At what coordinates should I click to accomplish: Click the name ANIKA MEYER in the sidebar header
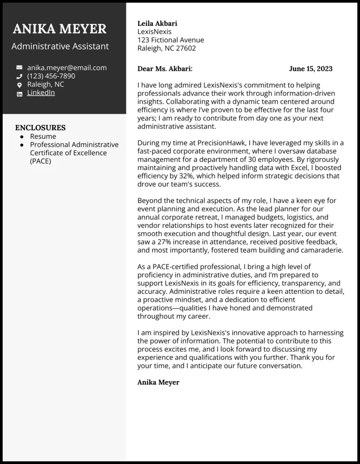(60, 29)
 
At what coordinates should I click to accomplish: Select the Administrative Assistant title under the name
(60, 46)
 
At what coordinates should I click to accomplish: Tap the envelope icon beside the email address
(19, 68)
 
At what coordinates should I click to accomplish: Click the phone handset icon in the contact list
(19, 76)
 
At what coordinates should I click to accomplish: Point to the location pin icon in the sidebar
(19, 85)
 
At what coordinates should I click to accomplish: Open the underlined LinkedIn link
(41, 93)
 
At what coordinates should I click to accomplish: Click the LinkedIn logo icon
(19, 94)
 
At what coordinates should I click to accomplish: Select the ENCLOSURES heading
(40, 128)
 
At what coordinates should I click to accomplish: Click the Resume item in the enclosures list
(43, 136)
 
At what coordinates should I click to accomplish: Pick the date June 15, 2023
(310, 69)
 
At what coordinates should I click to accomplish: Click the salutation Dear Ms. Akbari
(165, 69)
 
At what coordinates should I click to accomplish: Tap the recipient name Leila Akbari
(157, 23)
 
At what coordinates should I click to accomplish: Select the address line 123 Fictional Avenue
(171, 40)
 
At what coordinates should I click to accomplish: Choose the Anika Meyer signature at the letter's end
(158, 382)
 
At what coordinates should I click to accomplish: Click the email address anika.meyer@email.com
(67, 68)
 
